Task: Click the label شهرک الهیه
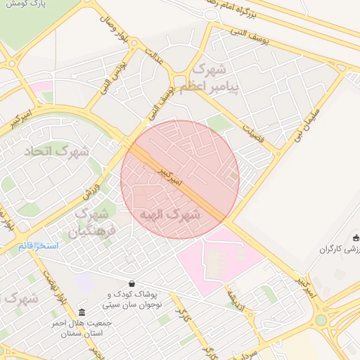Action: pyautogui.click(x=171, y=214)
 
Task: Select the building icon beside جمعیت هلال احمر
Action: pyautogui.click(x=82, y=312)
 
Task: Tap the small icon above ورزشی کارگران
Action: pyautogui.click(x=355, y=237)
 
